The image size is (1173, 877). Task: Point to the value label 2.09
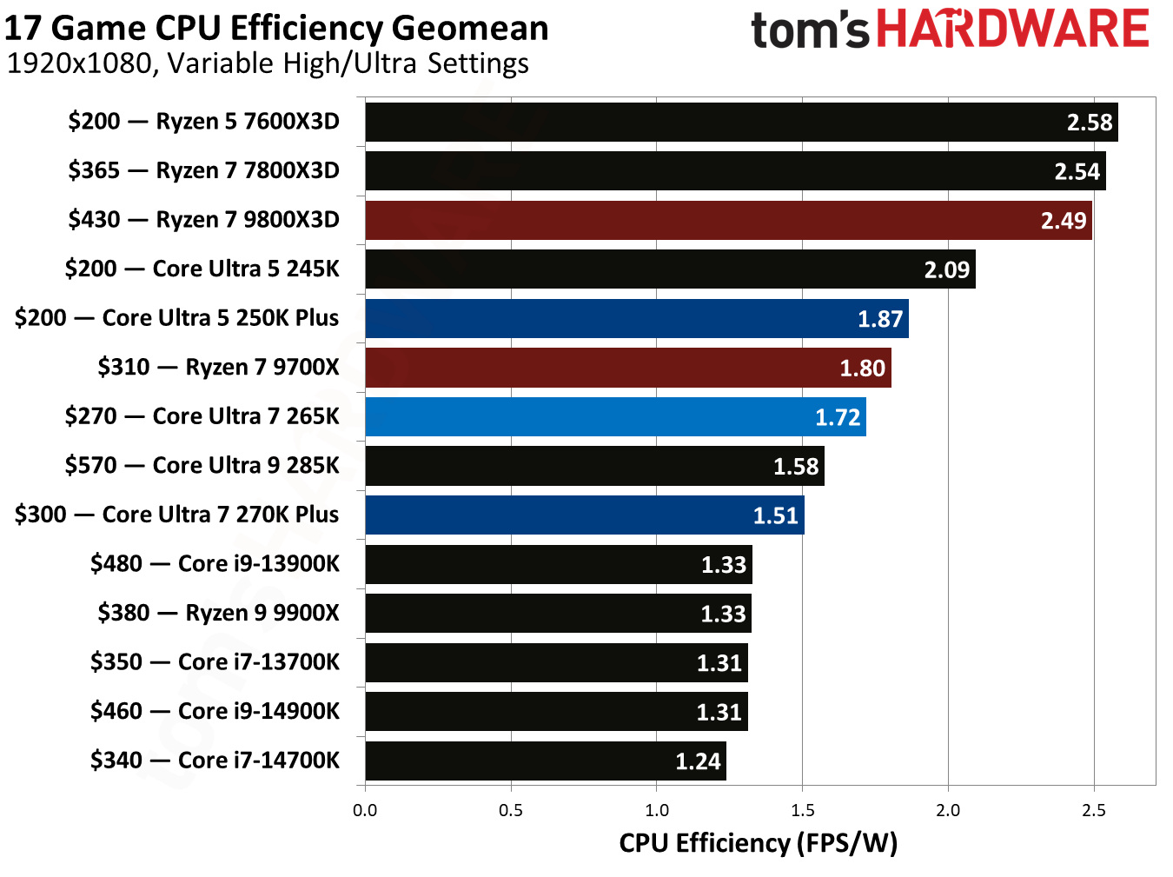[x=946, y=270]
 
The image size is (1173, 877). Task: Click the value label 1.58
[x=796, y=467]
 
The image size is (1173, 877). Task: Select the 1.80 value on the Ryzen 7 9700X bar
[x=862, y=369]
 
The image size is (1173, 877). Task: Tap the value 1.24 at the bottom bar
[x=698, y=762]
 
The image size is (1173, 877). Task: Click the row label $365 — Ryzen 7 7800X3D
[x=203, y=170]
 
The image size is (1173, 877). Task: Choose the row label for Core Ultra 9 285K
[x=202, y=466]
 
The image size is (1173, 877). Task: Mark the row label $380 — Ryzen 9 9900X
[x=218, y=614]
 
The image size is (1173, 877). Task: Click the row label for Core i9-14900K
[x=215, y=712]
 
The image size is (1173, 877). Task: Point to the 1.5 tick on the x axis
[x=802, y=811]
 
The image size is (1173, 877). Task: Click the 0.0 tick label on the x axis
[x=365, y=811]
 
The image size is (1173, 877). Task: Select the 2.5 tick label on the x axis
[x=1094, y=811]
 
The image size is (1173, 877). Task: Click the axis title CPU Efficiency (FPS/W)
[x=758, y=843]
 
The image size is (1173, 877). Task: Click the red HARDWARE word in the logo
[x=1012, y=29]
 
